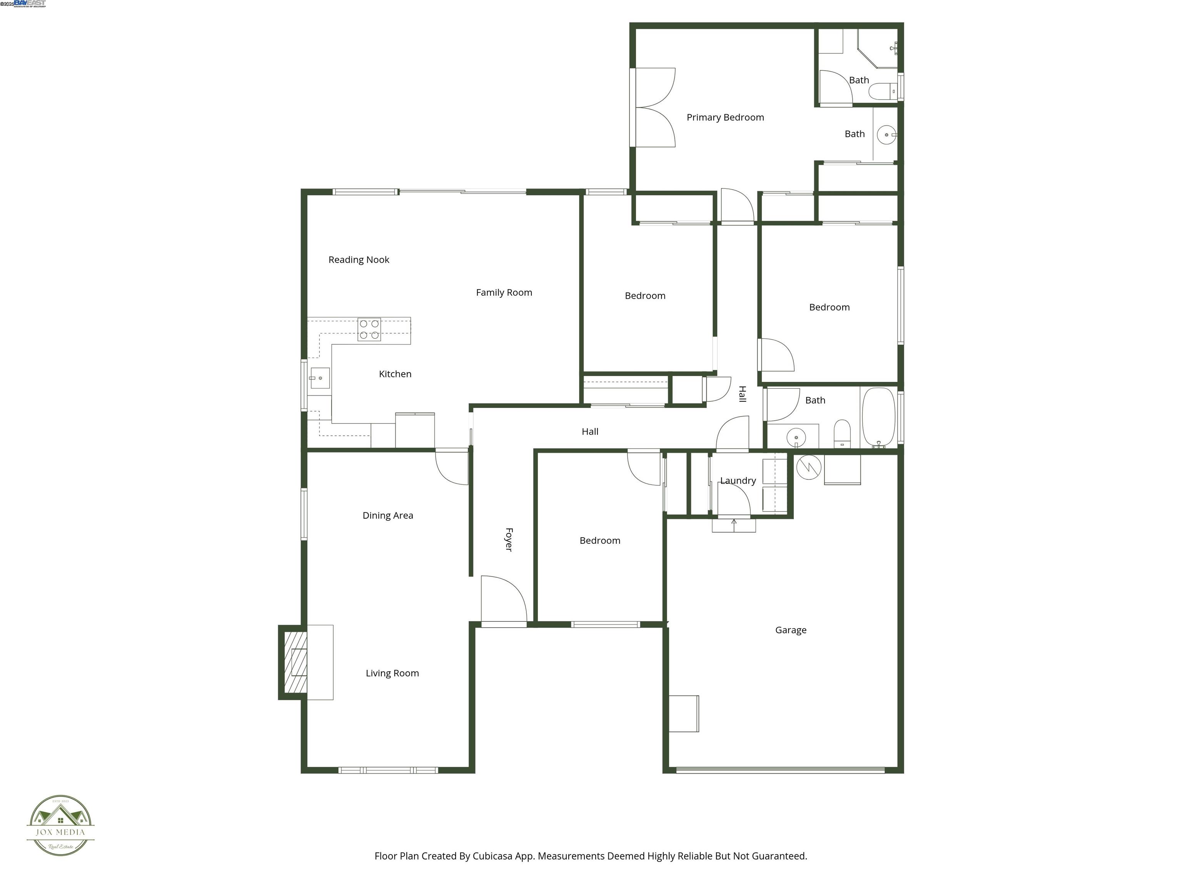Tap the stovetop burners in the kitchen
[x=369, y=330]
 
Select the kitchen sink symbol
[x=319, y=378]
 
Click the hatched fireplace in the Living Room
[x=295, y=662]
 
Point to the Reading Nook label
[x=359, y=260]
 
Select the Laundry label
[x=738, y=481]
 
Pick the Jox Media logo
[x=60, y=825]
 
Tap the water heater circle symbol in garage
[x=808, y=467]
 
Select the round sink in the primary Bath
[x=886, y=135]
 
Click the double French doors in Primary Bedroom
[x=654, y=107]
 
